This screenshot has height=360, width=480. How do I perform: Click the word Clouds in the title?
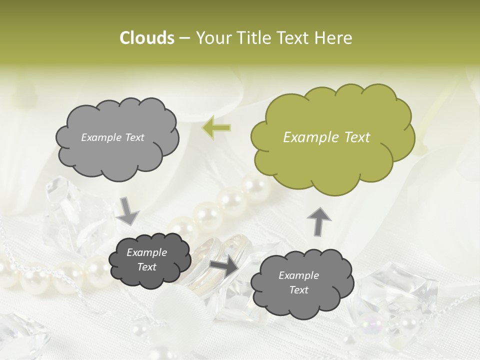point(146,38)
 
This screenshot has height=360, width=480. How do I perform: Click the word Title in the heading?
point(251,38)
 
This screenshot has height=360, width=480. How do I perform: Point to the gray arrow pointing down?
point(127,211)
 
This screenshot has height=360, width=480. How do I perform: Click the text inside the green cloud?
point(326,137)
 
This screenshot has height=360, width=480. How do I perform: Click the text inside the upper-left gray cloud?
point(112,137)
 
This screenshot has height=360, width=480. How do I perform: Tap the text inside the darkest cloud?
point(147,260)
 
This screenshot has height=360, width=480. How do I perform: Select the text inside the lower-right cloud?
point(299,282)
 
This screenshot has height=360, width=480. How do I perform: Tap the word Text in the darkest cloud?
point(147,267)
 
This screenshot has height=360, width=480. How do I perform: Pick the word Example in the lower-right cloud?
point(299,275)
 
